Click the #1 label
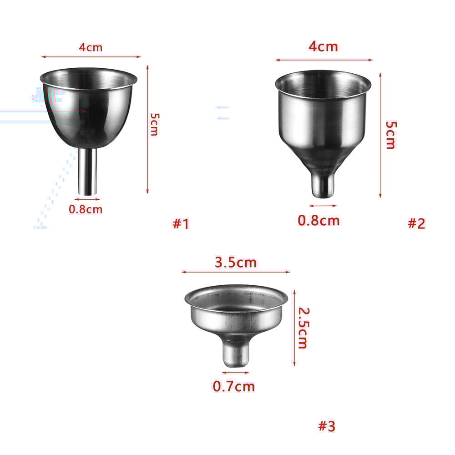pos(181,223)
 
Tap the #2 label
pos(416,223)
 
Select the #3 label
pos(326,426)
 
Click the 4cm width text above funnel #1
pos(91,47)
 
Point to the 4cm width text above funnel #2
pos(323,46)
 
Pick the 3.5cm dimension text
pos(235,263)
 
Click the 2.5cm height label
pos(303,328)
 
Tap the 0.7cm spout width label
pos(233,387)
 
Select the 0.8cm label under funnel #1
pos(86,209)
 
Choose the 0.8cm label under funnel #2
pos(318,221)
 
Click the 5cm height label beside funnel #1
pos(154,125)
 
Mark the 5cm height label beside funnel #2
pos(390,135)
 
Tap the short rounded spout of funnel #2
pos(322,184)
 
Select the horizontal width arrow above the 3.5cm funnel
pos(235,272)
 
